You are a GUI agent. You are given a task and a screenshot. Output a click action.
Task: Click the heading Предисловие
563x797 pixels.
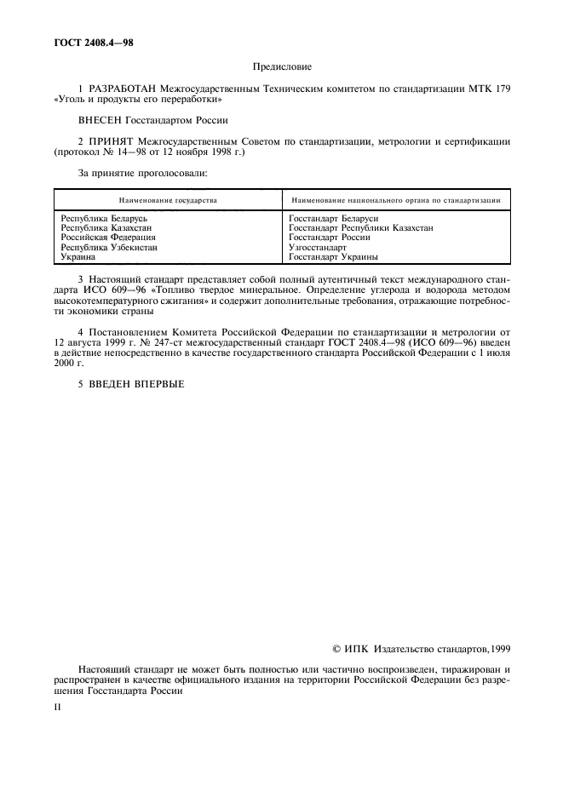point(282,66)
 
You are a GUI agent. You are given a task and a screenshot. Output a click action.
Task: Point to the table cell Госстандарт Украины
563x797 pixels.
point(333,256)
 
